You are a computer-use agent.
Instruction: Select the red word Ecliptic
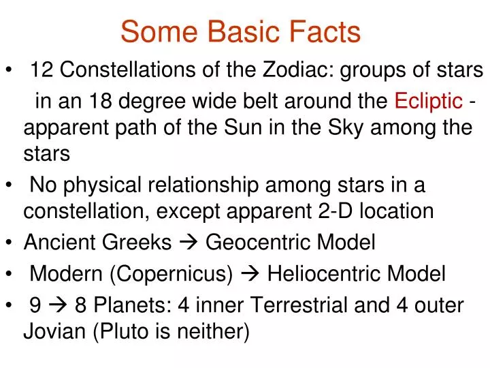(429, 102)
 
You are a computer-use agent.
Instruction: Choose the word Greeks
(143, 242)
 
